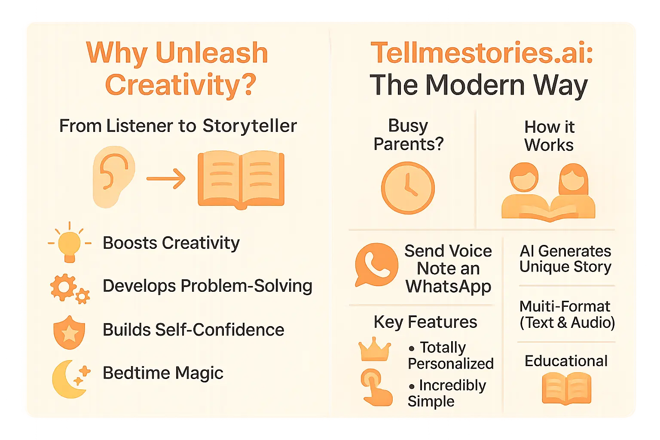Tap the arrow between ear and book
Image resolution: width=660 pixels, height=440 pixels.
point(166,178)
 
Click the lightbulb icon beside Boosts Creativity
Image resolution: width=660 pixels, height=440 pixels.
point(69,243)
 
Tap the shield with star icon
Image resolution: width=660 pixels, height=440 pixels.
point(69,332)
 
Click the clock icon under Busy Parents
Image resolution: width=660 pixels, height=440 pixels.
point(408,188)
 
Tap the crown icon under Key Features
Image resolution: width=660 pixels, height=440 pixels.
point(375,349)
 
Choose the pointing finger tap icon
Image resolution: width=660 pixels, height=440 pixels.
point(376,387)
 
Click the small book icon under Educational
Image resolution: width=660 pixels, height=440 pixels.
point(566,388)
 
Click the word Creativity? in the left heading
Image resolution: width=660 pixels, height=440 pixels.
point(180,85)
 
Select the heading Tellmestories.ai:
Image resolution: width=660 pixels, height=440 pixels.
point(482,53)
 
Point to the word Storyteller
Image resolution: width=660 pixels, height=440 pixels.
point(250,126)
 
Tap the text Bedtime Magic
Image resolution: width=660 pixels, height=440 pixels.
point(163,373)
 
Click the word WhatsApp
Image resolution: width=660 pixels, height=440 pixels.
point(448,286)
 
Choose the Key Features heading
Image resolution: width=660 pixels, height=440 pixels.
point(425,322)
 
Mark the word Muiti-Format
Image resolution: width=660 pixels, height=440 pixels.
point(565,306)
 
